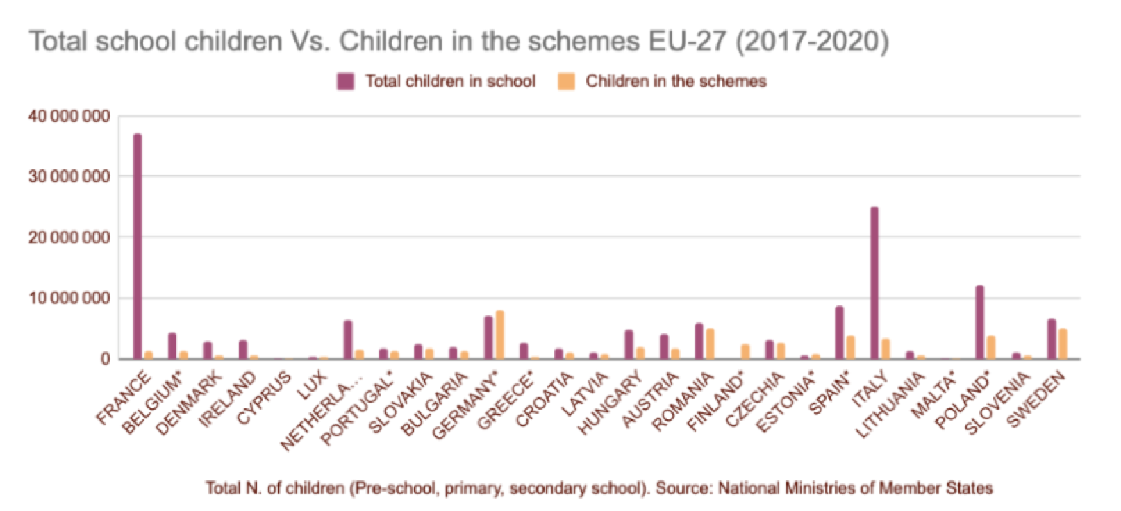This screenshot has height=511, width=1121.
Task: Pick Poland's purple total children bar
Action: coord(979,322)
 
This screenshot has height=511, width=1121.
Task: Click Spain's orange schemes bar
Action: coord(850,347)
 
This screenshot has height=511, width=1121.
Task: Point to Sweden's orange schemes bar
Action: coord(1062,344)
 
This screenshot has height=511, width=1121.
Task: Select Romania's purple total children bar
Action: coord(698,341)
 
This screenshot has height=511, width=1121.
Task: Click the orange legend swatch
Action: coord(566,81)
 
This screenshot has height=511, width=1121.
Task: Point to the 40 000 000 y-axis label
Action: coord(69,117)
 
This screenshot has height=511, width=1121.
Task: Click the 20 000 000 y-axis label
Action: coord(69,237)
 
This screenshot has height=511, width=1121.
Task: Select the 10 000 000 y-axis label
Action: coord(69,299)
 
